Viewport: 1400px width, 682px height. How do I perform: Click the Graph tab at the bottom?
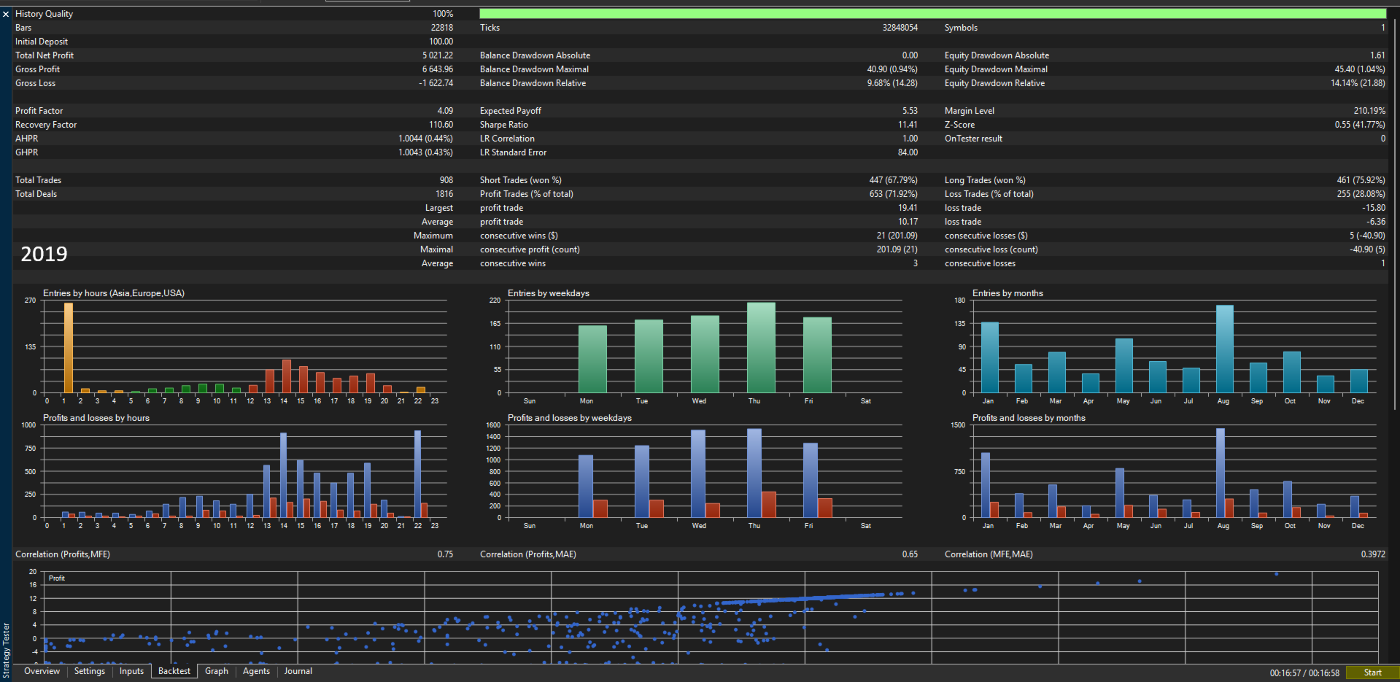217,671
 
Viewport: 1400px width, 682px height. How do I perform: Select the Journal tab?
298,671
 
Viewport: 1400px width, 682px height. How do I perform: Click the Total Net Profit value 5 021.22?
438,55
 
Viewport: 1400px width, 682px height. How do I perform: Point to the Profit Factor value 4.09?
445,111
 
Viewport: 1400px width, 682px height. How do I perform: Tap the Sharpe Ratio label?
504,125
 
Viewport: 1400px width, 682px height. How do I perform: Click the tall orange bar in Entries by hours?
69,348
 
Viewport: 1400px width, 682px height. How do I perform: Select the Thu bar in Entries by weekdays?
761,348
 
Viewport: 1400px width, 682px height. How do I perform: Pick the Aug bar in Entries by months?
1225,349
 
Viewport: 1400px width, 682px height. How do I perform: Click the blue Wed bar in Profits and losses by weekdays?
698,473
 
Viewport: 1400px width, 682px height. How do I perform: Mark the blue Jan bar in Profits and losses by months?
986,485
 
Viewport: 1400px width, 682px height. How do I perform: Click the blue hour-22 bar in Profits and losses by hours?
418,474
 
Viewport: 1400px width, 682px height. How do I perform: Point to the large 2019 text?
44,254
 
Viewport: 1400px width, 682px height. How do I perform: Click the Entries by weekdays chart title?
549,293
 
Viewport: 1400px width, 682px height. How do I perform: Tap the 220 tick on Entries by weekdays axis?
495,301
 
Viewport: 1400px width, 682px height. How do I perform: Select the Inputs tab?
132,671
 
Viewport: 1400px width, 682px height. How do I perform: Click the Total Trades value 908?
446,180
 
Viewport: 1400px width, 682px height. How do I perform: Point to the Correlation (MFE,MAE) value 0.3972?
1373,554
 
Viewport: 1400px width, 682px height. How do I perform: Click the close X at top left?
6,14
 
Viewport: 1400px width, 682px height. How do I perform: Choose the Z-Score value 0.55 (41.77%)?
1360,125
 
